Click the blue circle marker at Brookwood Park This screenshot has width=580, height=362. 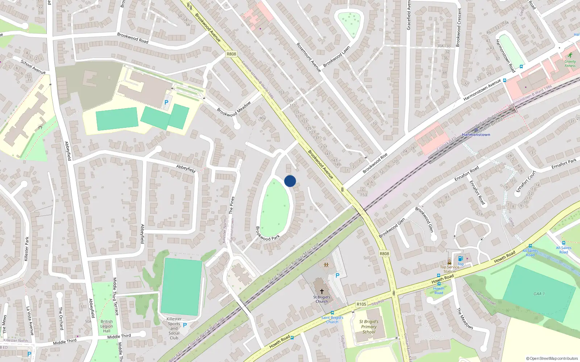tap(290, 181)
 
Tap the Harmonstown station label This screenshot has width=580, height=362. tap(476, 135)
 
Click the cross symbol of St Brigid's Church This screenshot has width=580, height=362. tap(322, 291)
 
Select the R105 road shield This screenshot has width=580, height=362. tap(361, 304)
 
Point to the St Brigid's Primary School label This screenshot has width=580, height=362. tap(369, 327)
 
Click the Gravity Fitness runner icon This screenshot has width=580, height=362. tap(570, 55)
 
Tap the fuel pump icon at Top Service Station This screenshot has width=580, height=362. tap(460, 258)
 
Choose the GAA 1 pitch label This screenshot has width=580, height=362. tap(539, 294)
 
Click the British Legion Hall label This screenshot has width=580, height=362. tap(107, 326)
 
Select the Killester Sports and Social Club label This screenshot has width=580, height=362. tap(174, 328)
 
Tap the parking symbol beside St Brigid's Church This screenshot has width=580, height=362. tap(337, 275)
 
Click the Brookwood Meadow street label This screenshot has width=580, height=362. tap(234, 109)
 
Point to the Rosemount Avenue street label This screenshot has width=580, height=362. tap(308, 57)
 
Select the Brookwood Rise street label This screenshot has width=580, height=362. tap(375, 163)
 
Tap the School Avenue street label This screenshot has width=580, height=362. tap(33, 67)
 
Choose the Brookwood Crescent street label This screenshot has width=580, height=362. tap(459, 28)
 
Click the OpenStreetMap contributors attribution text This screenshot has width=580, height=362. tap(552, 358)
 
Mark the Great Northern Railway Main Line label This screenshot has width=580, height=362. tap(293, 263)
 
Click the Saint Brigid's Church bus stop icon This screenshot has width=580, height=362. tap(332, 313)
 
